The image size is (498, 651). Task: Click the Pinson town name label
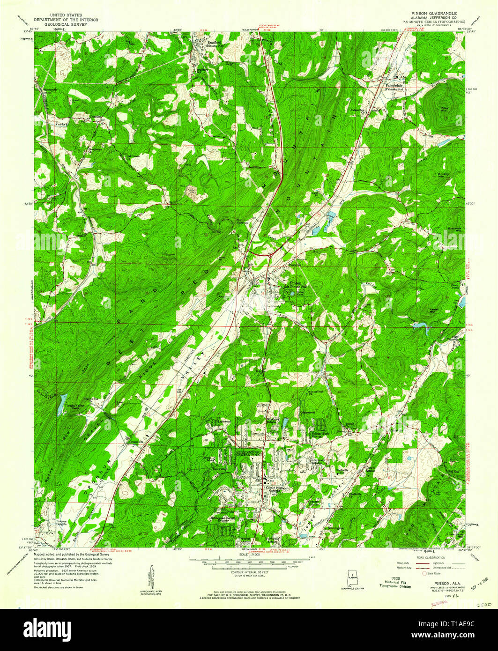296,283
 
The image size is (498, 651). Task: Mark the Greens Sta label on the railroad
134,442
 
